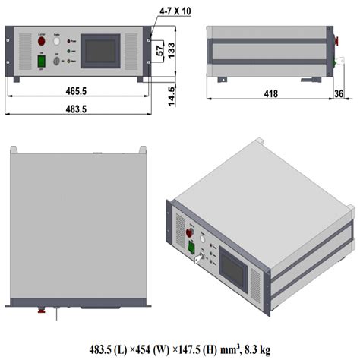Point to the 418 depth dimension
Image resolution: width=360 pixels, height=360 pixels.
(x=270, y=94)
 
